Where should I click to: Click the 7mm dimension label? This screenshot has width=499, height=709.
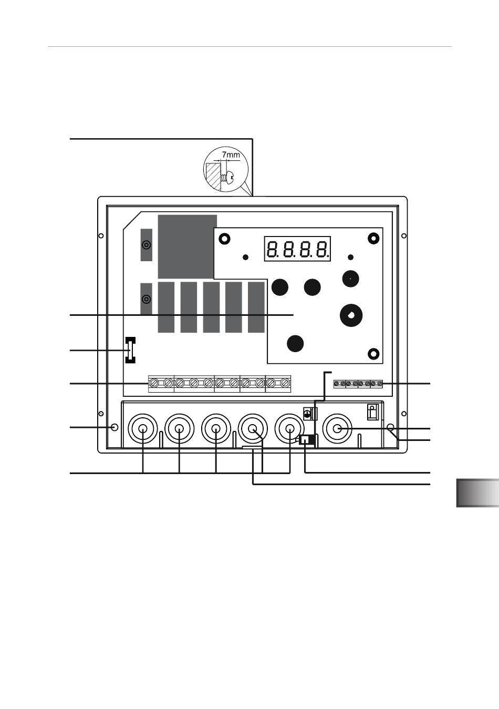231,155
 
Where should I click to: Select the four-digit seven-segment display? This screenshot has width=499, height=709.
297,249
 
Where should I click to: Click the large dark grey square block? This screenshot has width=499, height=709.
188,247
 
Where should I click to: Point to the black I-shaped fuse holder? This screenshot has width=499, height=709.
130,350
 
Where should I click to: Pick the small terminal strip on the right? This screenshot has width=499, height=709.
358,384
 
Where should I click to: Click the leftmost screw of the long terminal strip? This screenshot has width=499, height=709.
154,383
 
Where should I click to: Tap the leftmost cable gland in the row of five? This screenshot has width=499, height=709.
143,429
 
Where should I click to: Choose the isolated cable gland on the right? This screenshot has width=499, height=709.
337,429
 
